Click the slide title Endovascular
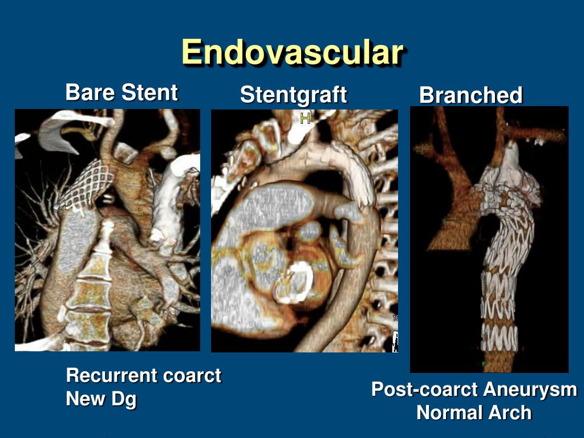tap(293, 53)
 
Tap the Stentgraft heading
tap(293, 95)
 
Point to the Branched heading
tap(471, 95)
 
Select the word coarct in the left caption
tap(192, 375)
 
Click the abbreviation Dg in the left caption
tap(124, 399)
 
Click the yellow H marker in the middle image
tap(305, 119)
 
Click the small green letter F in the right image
tap(484, 363)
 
